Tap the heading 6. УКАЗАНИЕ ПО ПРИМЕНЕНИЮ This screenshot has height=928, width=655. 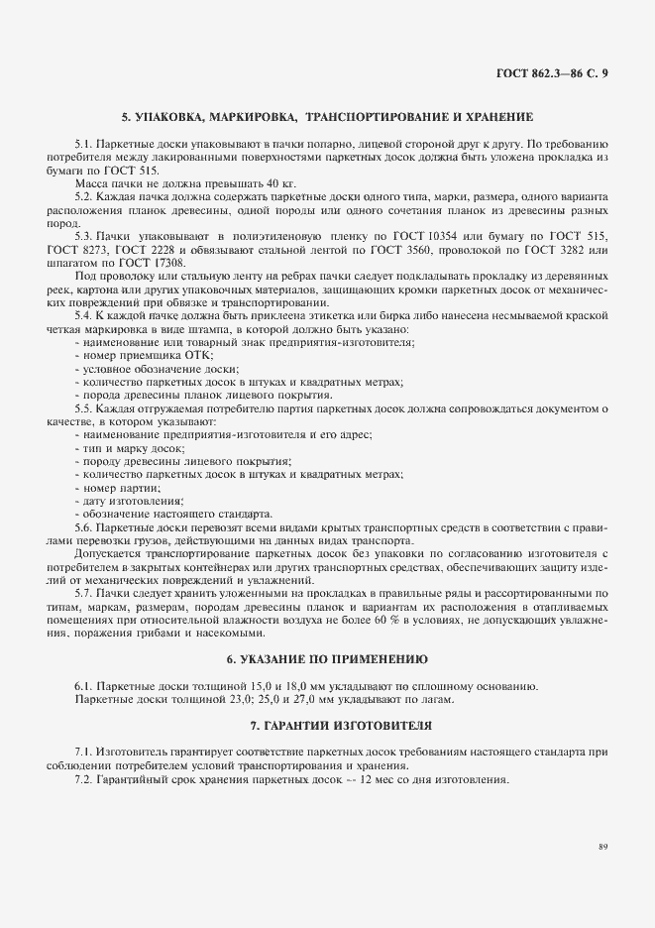pyautogui.click(x=327, y=658)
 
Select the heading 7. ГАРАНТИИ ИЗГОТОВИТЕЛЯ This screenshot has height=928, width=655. pyautogui.click(x=327, y=725)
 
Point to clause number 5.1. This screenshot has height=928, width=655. pyautogui.click(x=83, y=145)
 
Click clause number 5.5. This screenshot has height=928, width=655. pyautogui.click(x=83, y=408)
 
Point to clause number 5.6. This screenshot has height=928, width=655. pyautogui.click(x=83, y=528)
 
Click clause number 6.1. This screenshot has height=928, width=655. pyautogui.click(x=83, y=686)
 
